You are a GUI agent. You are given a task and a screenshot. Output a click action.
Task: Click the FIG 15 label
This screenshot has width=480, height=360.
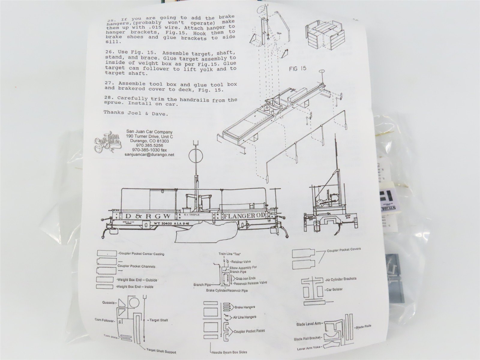point(297,69)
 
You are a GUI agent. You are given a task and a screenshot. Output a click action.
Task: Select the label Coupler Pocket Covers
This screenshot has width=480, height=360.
point(343,249)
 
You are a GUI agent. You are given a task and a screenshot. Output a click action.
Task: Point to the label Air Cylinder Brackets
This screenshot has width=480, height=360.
point(341,279)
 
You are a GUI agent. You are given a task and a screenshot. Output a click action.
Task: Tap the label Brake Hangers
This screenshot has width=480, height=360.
point(244,307)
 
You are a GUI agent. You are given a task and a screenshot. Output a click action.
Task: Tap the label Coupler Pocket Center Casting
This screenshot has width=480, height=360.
point(141,254)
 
